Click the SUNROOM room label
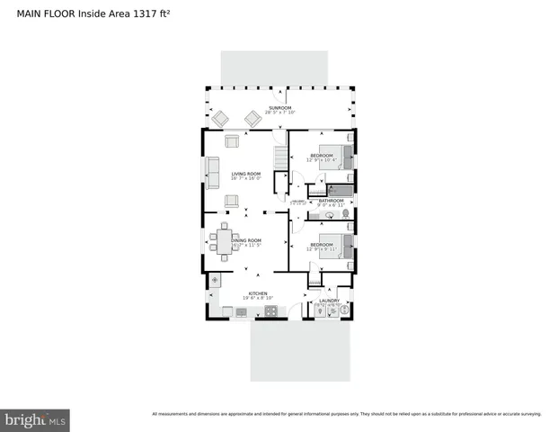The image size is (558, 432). click(279, 108)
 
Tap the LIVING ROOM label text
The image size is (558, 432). click(245, 174)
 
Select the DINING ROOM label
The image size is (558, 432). click(246, 240)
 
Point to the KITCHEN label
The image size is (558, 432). click(258, 293)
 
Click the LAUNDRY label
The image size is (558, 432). click(329, 301)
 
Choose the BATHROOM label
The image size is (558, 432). click(332, 201)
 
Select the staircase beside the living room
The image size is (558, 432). click(279, 160)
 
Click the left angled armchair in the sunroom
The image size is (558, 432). click(221, 117)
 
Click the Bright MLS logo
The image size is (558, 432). click(35, 418)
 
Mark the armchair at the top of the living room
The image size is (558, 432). click(232, 140)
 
